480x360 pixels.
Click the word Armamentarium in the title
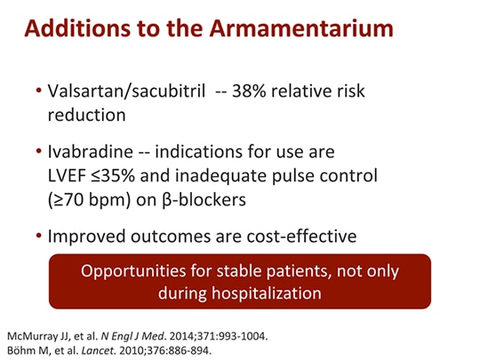(303, 28)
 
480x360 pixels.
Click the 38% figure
(251, 92)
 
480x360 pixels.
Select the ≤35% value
(121, 176)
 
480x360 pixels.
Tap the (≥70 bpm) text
(90, 200)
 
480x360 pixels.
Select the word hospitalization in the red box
(269, 292)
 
